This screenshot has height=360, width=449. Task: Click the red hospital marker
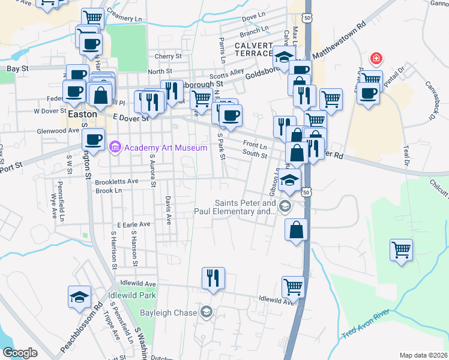click(376, 58)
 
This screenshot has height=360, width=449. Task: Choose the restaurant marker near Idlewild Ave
click(213, 278)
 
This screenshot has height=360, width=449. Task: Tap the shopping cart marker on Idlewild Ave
click(293, 286)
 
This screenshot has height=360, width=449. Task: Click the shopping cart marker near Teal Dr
click(401, 250)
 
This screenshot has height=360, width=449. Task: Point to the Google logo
click(20, 353)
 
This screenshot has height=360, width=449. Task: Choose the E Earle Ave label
click(134, 224)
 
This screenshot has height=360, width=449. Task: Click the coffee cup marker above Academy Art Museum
click(93, 139)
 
